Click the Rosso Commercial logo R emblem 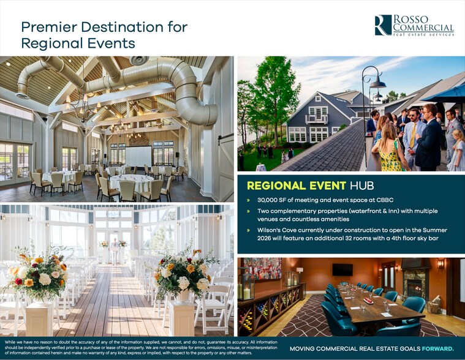[x=383, y=25]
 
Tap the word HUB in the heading [x=362, y=186]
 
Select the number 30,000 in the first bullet [x=267, y=200]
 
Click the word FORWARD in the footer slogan [x=437, y=348]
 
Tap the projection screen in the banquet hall [x=138, y=157]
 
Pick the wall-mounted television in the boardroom [x=342, y=269]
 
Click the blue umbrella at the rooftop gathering [x=445, y=94]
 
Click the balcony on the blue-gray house [x=317, y=119]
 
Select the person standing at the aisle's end [x=114, y=251]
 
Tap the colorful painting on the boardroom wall [x=263, y=268]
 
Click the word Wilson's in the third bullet [x=268, y=230]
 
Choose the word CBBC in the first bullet [x=385, y=200]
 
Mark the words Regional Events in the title [x=78, y=43]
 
